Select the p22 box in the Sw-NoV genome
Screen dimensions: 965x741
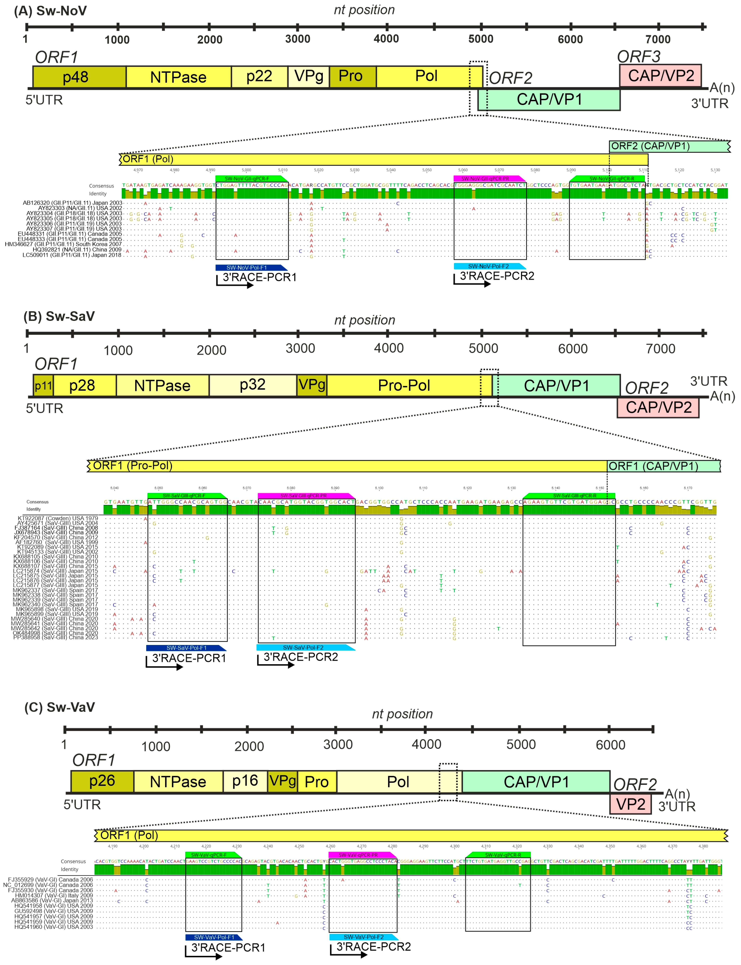[x=259, y=77]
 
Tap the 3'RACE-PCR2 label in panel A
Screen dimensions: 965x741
[x=497, y=276]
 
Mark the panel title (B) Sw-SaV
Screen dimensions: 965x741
[x=59, y=316]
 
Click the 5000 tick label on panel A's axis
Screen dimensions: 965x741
[x=481, y=39]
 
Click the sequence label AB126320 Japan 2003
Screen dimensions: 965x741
[x=72, y=203]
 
